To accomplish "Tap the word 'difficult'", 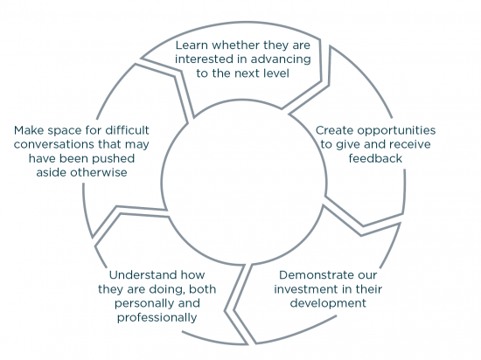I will coord(129,130).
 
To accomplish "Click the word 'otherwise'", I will coord(99,173).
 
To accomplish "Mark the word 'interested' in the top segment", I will coord(203,58).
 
